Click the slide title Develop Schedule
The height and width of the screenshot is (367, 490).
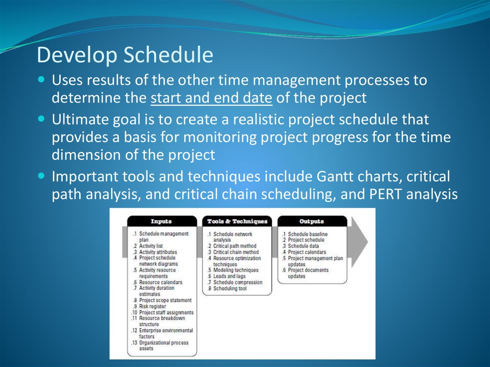pyautogui.click(x=125, y=55)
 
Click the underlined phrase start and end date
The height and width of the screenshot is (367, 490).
pyautogui.click(x=212, y=98)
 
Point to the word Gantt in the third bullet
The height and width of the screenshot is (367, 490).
pyautogui.click(x=334, y=176)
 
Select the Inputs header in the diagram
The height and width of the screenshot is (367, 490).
pyautogui.click(x=161, y=222)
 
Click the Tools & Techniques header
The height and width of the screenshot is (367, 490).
pyautogui.click(x=237, y=222)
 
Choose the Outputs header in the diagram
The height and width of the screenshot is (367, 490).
pyautogui.click(x=312, y=222)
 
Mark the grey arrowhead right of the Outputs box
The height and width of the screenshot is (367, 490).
pyautogui.click(x=359, y=242)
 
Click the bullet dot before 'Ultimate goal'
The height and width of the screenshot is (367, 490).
pyautogui.click(x=41, y=119)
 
